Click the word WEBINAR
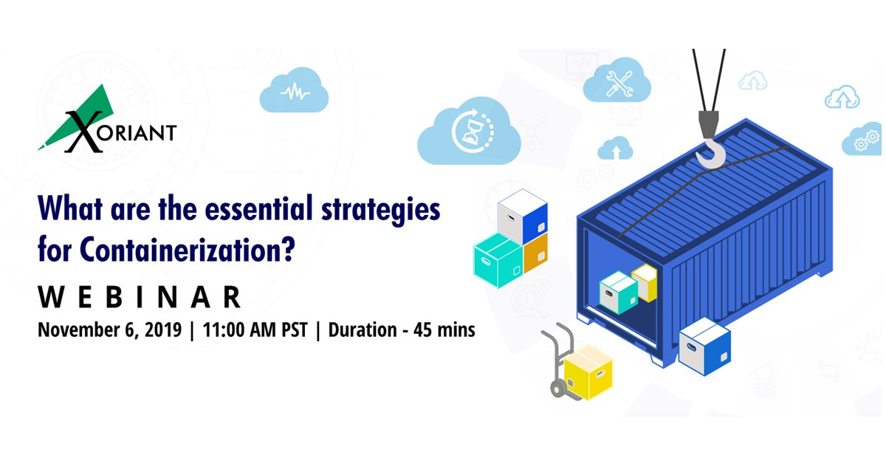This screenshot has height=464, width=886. pyautogui.click(x=140, y=297)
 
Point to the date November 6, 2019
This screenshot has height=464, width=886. pyautogui.click(x=109, y=330)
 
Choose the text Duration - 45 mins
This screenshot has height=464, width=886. pyautogui.click(x=402, y=330)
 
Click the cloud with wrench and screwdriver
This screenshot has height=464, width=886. pyautogui.click(x=617, y=83)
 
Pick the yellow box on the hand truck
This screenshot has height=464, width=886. pyautogui.click(x=588, y=370)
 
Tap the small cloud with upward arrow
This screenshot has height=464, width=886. pyautogui.click(x=615, y=150)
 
